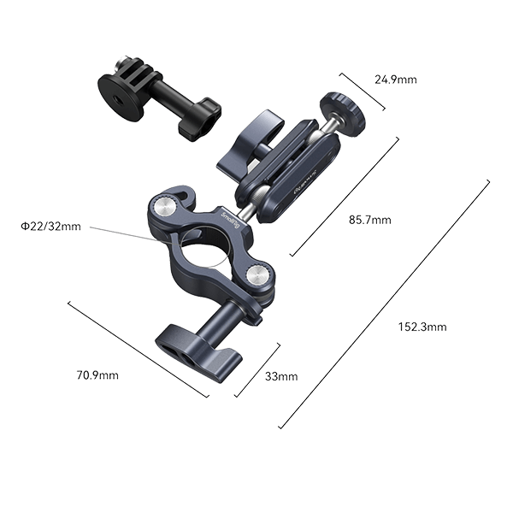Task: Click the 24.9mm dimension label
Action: [x=396, y=80]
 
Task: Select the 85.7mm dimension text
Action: [x=370, y=220]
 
